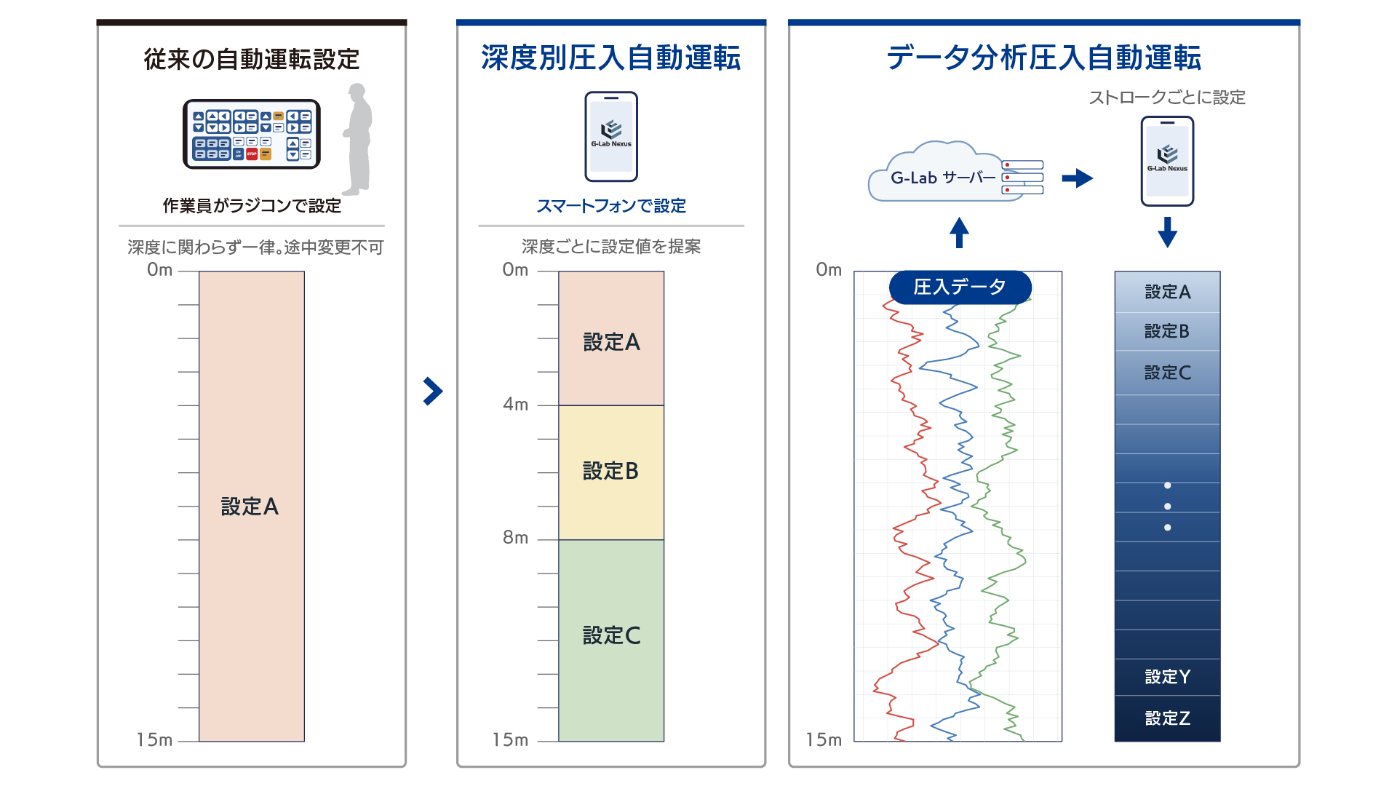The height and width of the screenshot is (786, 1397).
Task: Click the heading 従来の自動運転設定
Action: [x=252, y=59]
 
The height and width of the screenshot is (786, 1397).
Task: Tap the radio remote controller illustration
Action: [x=252, y=134]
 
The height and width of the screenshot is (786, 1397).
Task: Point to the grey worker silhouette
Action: [x=358, y=139]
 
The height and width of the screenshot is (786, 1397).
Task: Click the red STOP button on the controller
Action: [x=252, y=154]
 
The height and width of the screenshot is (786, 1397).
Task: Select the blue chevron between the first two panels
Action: [x=433, y=391]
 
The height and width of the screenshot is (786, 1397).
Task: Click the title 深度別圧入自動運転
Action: [x=611, y=58]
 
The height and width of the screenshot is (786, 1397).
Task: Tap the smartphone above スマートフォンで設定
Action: [x=611, y=136]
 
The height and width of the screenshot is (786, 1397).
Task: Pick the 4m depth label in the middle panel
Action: [x=516, y=404]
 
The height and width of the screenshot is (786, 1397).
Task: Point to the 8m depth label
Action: [x=516, y=538]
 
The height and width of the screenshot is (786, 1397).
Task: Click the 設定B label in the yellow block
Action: [x=611, y=471]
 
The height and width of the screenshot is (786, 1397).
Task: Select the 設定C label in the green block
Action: [x=611, y=635]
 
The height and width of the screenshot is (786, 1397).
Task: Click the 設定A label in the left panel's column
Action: [x=250, y=507]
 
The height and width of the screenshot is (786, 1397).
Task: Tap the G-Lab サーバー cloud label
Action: [x=944, y=178]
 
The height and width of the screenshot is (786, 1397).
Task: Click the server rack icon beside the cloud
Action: [x=1022, y=178]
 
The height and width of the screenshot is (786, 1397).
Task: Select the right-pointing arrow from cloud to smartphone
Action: [x=1078, y=178]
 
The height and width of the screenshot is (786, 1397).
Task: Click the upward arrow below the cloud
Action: [x=959, y=232]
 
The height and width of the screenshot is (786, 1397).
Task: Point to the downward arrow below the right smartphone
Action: [x=1167, y=232]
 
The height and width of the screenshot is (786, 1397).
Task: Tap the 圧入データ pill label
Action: [x=960, y=287]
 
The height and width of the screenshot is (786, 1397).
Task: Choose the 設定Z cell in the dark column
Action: [x=1168, y=718]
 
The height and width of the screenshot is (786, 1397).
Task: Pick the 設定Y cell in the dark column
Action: [x=1168, y=677]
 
